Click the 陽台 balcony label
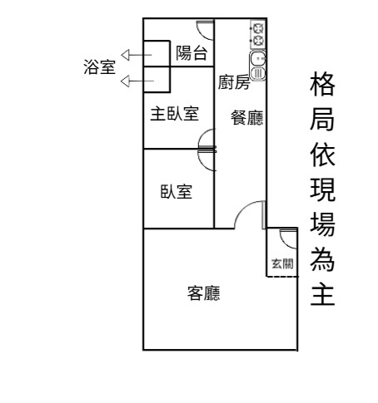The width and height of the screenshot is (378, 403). point(191,53)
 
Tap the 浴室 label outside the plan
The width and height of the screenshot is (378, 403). point(99,66)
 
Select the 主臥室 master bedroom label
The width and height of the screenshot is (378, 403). point(175,114)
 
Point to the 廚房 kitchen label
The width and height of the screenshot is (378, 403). point(234,82)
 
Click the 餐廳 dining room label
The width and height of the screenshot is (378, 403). point(247,118)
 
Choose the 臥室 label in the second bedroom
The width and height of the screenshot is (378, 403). point(177,191)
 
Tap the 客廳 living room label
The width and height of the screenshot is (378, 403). point(204,293)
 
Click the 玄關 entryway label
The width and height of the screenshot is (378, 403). point(282,263)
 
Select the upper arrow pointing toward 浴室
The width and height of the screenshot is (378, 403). point(137,55)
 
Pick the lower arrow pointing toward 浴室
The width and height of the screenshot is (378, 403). point(137,81)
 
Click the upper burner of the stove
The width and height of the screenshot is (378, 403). point(258,27)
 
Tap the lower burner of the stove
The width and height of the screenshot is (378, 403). point(258,41)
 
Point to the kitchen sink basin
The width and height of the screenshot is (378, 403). point(257,59)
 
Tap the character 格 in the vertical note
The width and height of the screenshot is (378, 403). point(322,84)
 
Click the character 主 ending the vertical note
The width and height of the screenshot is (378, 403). point(322,293)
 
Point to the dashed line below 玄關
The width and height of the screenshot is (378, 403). point(282,277)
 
